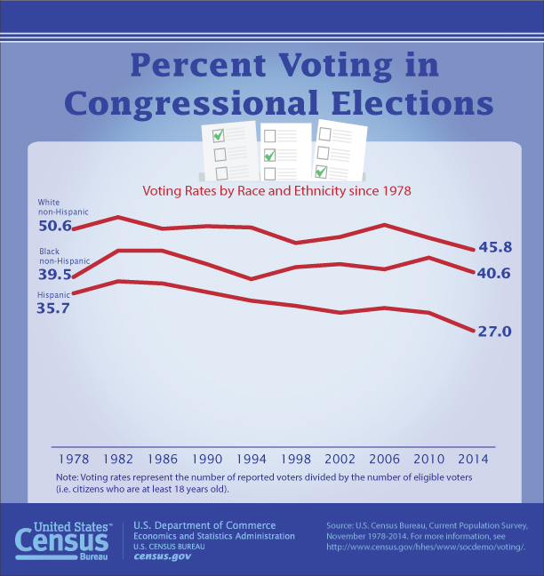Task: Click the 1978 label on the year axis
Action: coord(73,460)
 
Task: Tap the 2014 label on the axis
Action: coord(471,460)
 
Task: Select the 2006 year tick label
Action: coord(383,460)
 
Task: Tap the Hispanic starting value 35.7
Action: coord(53,308)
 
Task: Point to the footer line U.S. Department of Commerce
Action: coord(204,525)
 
